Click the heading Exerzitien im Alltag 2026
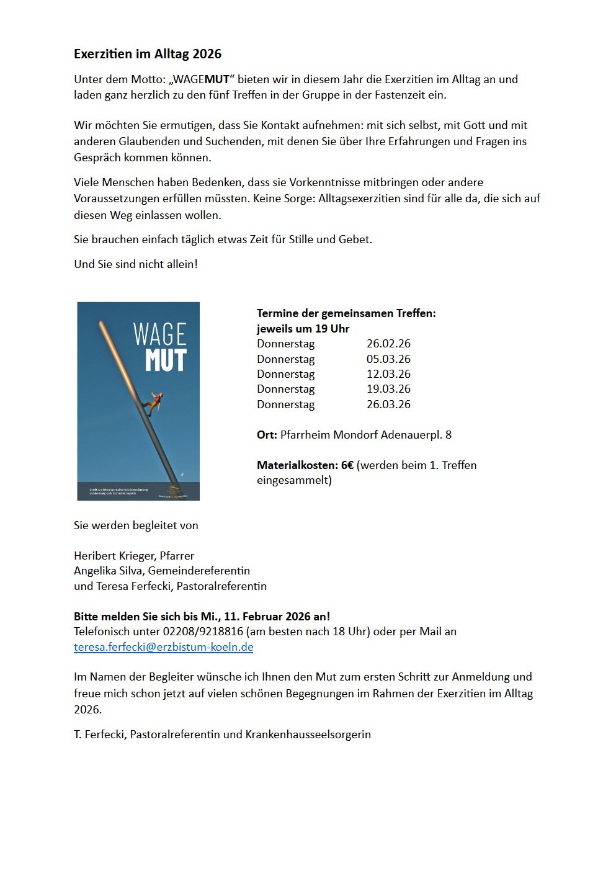tap(148, 54)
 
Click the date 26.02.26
tap(388, 344)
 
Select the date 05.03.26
tap(388, 359)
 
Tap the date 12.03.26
tap(388, 374)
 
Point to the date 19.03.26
tap(388, 389)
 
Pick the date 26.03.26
tap(388, 404)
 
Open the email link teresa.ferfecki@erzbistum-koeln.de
tap(164, 647)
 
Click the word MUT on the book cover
tap(166, 360)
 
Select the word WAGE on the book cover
tap(160, 335)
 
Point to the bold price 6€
tap(347, 465)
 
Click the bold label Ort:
tap(267, 435)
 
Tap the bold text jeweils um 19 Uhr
tap(303, 329)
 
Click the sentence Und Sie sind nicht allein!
tap(136, 264)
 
